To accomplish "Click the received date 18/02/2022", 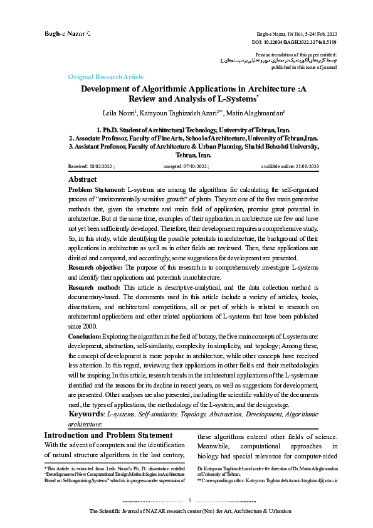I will [102, 167].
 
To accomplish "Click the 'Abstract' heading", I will [81, 179].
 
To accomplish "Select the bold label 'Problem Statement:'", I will [96, 189].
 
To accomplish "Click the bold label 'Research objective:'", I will [97, 283].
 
